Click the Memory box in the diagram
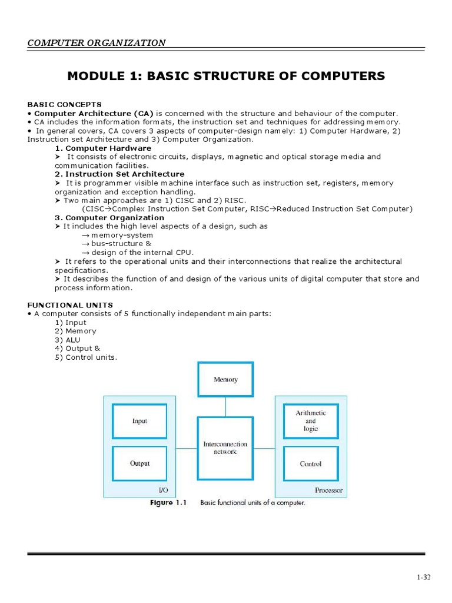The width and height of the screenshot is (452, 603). tap(225, 379)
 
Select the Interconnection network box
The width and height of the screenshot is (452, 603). tap(225, 448)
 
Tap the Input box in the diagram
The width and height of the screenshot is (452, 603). tap(139, 421)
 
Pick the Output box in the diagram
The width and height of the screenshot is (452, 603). tap(139, 463)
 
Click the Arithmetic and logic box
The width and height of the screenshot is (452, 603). tap(310, 421)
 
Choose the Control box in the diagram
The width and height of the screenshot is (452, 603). tap(310, 463)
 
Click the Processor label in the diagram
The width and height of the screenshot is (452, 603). tap(328, 490)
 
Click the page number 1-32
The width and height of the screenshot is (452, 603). tap(424, 577)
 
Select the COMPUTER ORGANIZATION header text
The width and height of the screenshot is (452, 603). tap(97, 42)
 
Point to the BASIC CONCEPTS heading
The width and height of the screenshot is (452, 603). tap(65, 105)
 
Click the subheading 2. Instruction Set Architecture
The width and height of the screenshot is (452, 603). tap(119, 174)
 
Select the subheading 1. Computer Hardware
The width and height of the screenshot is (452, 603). tap(103, 148)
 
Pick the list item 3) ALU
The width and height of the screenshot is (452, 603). tap(68, 340)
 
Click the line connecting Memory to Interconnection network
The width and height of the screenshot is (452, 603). tap(225, 406)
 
